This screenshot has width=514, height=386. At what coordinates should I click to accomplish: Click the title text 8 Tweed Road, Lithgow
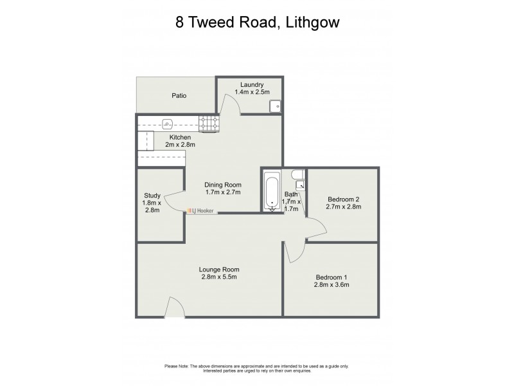tap(257, 22)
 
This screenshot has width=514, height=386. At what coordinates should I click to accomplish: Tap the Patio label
tap(179, 95)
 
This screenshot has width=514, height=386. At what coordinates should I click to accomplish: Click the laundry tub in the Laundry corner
tap(275, 107)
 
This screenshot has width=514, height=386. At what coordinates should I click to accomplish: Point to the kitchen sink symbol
tap(168, 122)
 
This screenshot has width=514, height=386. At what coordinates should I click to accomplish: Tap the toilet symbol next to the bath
tap(297, 175)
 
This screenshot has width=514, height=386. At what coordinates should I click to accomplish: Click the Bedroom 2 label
tap(344, 198)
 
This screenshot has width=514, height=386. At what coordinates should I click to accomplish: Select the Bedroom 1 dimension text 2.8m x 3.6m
tap(330, 284)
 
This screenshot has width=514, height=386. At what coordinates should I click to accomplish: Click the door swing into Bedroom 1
tap(290, 252)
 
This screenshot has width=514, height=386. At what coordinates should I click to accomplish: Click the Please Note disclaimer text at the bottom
tap(257, 367)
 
